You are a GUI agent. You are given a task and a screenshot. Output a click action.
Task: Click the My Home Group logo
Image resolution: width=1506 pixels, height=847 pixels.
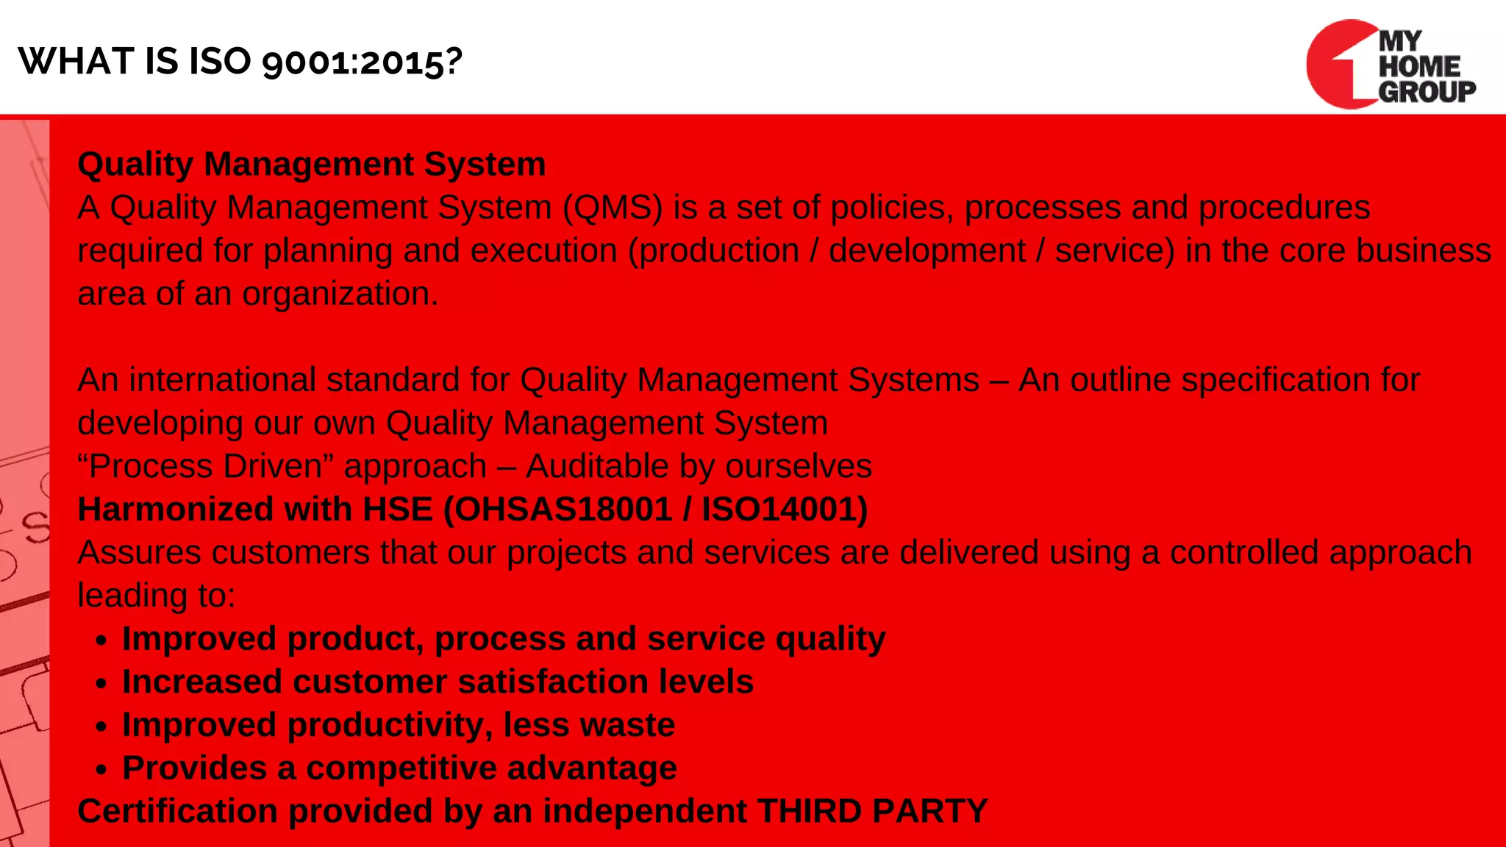(1390, 65)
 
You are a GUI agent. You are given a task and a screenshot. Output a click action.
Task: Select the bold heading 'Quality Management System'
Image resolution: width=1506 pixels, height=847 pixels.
(312, 164)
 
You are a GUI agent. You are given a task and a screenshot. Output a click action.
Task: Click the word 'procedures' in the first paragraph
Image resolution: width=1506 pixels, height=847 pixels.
(1284, 207)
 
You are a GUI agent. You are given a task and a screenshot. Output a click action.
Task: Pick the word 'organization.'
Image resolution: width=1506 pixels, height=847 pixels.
(340, 294)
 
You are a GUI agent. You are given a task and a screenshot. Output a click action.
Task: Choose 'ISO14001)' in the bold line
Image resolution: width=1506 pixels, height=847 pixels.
(785, 510)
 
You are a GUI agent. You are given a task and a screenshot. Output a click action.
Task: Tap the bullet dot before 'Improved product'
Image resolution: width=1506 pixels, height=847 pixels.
(101, 640)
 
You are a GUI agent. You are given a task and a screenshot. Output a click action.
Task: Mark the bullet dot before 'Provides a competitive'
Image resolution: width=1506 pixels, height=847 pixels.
(101, 770)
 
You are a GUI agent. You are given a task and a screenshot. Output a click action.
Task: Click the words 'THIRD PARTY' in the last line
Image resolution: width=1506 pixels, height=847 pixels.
(872, 812)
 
